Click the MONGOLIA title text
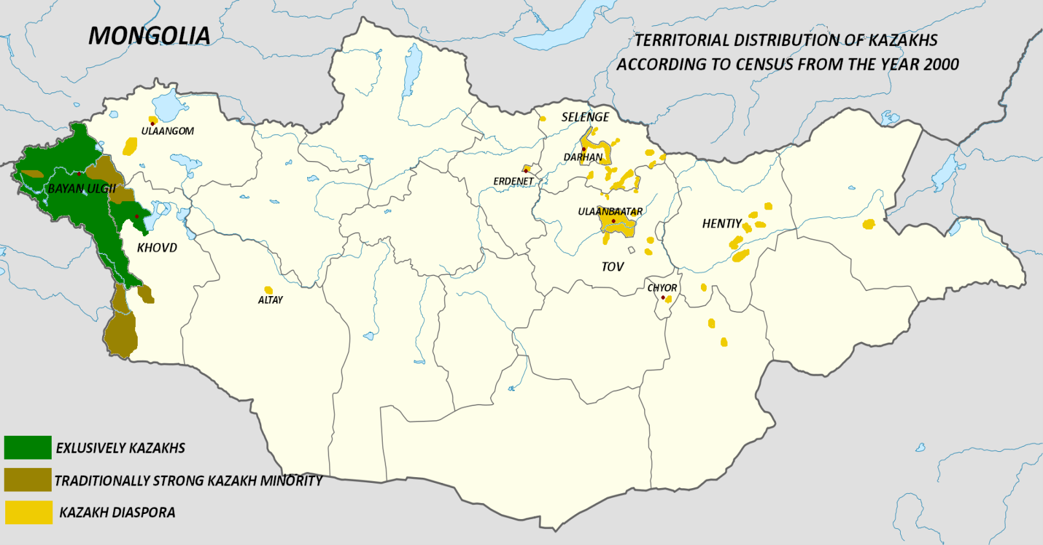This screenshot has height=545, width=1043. pyautogui.click(x=149, y=36)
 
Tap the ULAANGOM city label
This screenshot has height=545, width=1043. pyautogui.click(x=167, y=131)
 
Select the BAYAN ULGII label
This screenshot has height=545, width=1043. pyautogui.click(x=82, y=189)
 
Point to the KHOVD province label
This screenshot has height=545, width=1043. pyautogui.click(x=156, y=248)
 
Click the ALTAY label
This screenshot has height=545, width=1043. pyautogui.click(x=270, y=300)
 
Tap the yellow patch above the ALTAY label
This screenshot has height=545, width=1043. pyautogui.click(x=268, y=290)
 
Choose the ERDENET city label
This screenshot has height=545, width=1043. pyautogui.click(x=513, y=182)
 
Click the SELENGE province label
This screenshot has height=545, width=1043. pyautogui.click(x=585, y=117)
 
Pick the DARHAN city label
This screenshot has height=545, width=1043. pyautogui.click(x=583, y=157)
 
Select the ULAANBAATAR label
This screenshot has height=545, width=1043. pyautogui.click(x=610, y=211)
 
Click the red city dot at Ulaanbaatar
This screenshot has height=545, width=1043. pyautogui.click(x=613, y=221)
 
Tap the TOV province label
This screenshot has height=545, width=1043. pyautogui.click(x=612, y=267)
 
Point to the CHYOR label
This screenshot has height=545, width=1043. pyautogui.click(x=662, y=288)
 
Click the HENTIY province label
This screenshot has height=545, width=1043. pyautogui.click(x=722, y=224)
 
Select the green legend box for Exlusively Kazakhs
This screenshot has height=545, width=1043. pyautogui.click(x=28, y=447)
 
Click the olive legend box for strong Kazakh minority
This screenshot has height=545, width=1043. pyautogui.click(x=28, y=480)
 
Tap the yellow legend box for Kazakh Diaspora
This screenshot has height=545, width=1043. pyautogui.click(x=28, y=512)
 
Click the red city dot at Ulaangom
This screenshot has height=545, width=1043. pyautogui.click(x=153, y=123)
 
